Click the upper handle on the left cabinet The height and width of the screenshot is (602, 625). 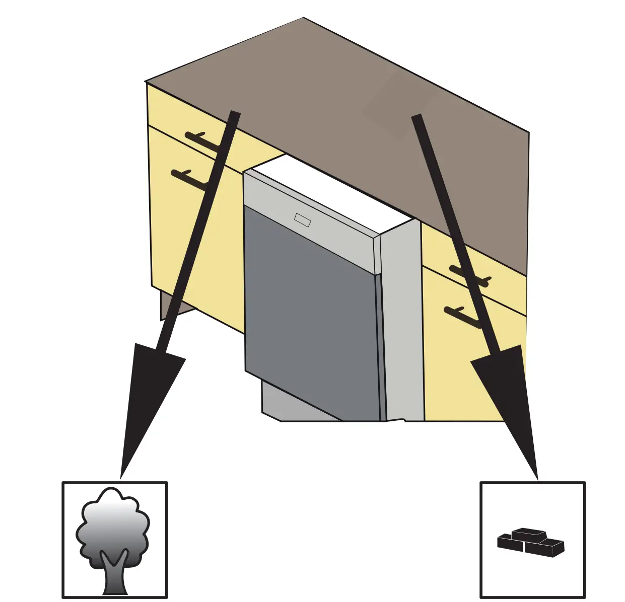point(201,140)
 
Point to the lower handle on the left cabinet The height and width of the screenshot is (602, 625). point(189,179)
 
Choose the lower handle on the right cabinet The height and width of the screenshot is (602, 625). point(461,316)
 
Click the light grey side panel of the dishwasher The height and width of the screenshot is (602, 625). point(402,322)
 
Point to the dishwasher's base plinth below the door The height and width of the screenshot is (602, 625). point(297,403)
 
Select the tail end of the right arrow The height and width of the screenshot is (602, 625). point(416,118)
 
